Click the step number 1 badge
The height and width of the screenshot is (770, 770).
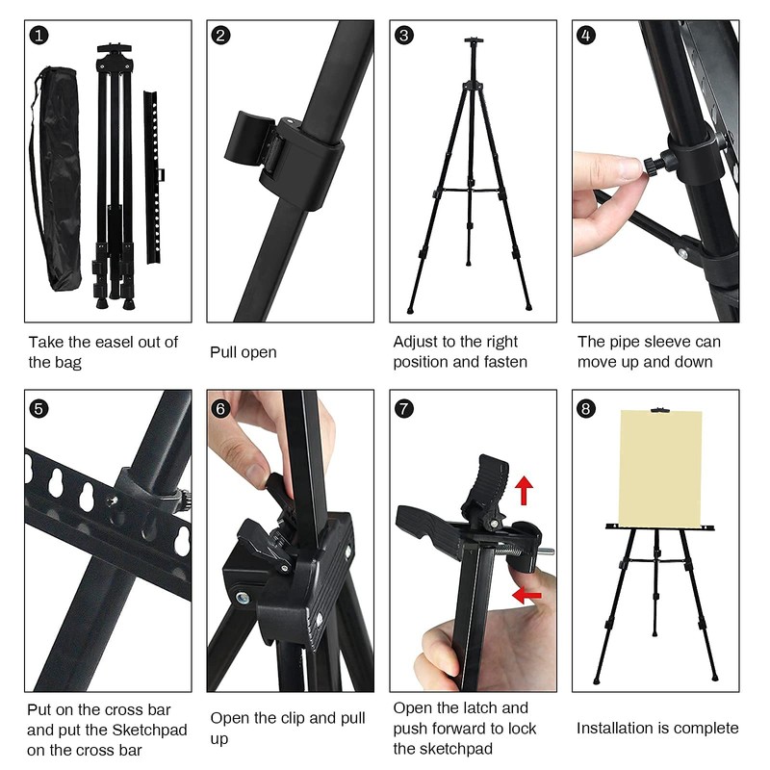click(x=38, y=36)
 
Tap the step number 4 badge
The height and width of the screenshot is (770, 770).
click(x=586, y=36)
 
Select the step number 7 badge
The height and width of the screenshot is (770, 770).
click(x=404, y=408)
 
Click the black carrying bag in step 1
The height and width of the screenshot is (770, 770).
click(x=56, y=179)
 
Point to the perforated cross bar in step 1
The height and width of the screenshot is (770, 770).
click(x=154, y=177)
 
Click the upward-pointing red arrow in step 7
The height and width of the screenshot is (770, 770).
click(x=524, y=490)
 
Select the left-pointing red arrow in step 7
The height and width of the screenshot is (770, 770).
click(x=526, y=595)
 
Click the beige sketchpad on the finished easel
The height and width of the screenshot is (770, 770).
click(x=660, y=468)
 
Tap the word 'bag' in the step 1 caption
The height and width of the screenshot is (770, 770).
click(x=67, y=363)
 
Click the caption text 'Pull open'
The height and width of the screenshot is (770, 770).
click(x=244, y=352)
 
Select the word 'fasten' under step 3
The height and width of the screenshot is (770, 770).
click(x=505, y=362)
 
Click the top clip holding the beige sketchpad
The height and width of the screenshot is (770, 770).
click(x=660, y=411)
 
